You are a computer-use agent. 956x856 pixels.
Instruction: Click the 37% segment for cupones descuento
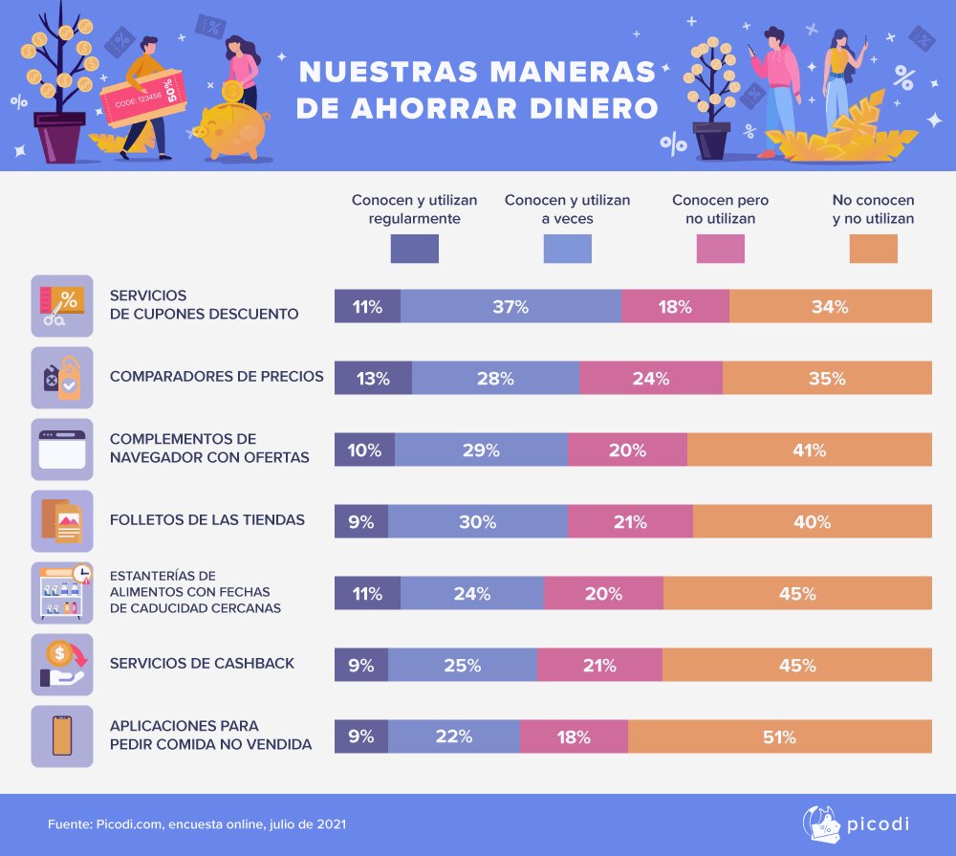511,306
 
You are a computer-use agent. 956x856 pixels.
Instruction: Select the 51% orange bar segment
780,736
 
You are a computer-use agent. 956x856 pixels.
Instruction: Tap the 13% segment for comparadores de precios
373,378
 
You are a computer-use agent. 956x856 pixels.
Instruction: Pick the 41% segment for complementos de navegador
809,450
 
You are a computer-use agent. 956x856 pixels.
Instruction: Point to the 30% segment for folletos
477,521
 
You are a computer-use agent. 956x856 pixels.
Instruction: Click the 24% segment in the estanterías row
472,593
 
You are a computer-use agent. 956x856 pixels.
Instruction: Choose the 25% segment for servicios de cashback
463,665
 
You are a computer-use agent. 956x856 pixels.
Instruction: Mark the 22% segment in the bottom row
454,736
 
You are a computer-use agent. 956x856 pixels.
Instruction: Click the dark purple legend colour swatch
414,249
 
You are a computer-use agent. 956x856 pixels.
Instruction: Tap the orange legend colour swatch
873,249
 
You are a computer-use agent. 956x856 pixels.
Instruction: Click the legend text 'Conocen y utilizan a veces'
567,209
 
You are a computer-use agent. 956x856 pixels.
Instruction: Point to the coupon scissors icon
62,306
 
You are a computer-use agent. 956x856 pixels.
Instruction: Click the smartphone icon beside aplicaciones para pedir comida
62,736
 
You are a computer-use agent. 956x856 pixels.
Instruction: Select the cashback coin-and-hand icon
62,665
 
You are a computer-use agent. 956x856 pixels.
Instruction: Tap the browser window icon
62,450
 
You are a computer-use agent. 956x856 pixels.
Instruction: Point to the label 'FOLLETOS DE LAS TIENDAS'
207,520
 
